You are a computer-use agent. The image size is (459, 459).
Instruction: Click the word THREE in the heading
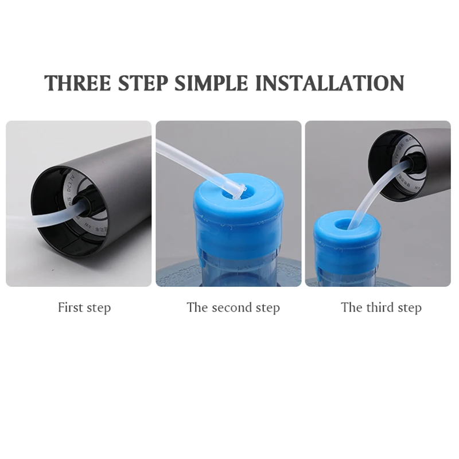tap(77, 83)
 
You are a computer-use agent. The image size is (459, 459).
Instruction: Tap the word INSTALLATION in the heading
tap(330, 83)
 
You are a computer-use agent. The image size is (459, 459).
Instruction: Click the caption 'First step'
tap(84, 308)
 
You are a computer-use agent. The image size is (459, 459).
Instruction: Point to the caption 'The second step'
tap(233, 308)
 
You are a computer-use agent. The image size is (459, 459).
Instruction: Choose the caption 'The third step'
tap(381, 308)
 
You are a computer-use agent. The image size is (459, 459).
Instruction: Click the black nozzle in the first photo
tap(87, 204)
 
